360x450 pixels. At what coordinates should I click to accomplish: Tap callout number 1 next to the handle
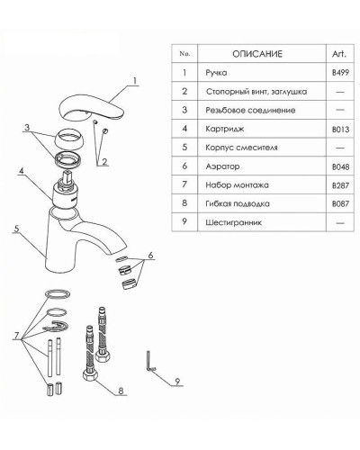pyautogui.click(x=135, y=81)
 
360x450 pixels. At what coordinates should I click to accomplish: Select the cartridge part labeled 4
pyautogui.click(x=65, y=190)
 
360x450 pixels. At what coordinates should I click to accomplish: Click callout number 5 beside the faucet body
pyautogui.click(x=16, y=229)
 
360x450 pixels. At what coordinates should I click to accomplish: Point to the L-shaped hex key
pyautogui.click(x=149, y=363)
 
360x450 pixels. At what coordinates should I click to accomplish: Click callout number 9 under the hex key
pyautogui.click(x=177, y=382)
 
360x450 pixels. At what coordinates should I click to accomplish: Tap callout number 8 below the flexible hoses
pyautogui.click(x=121, y=391)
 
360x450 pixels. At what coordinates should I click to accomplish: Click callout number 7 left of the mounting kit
pyautogui.click(x=16, y=336)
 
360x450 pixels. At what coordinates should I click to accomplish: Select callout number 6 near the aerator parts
pyautogui.click(x=150, y=255)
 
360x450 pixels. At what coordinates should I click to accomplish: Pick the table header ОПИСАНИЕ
pyautogui.click(x=257, y=54)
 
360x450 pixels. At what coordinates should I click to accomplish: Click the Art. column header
pyautogui.click(x=339, y=54)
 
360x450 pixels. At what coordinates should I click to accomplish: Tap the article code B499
pyautogui.click(x=340, y=73)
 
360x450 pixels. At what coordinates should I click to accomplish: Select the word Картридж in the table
pyautogui.click(x=225, y=129)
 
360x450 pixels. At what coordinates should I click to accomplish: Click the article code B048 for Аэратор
pyautogui.click(x=340, y=166)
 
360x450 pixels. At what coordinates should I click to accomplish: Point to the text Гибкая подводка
pyautogui.click(x=238, y=203)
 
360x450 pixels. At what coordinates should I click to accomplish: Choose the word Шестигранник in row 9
pyautogui.click(x=233, y=222)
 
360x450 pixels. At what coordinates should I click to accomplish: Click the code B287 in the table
pyautogui.click(x=340, y=185)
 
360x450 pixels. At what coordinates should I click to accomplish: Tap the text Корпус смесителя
pyautogui.click(x=241, y=148)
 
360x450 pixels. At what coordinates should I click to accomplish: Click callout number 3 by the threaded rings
pyautogui.click(x=27, y=127)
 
